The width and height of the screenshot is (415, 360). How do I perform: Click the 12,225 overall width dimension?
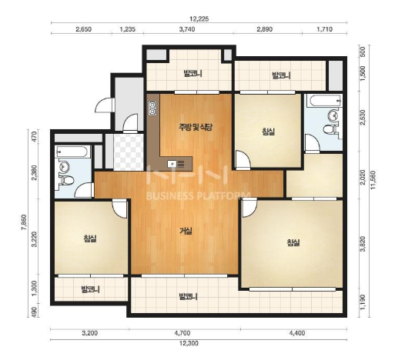[x=199, y=18]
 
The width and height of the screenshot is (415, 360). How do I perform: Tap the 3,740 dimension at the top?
[x=187, y=29]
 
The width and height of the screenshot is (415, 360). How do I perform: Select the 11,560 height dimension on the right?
[x=373, y=180]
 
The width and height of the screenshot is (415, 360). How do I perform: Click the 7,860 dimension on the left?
[x=24, y=222]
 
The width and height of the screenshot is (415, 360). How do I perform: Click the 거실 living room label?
[x=186, y=232]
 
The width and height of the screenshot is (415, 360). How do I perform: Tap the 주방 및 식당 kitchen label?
[x=196, y=128]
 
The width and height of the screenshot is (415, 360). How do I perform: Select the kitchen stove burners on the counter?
[x=152, y=108]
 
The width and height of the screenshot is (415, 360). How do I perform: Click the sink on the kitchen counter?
[x=172, y=164]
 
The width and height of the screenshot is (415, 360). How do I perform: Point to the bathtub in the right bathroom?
[x=325, y=101]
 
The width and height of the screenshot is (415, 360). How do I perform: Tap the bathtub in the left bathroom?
[x=71, y=152]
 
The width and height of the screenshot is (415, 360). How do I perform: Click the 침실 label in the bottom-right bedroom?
[x=293, y=242]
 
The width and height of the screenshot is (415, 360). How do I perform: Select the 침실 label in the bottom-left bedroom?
[x=90, y=238]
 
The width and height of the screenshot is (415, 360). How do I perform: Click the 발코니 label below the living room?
[x=188, y=296]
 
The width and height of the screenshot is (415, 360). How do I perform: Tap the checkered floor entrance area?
[x=129, y=152]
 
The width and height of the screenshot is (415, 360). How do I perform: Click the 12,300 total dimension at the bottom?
[x=189, y=344]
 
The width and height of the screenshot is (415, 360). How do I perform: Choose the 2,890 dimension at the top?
[x=264, y=29]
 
